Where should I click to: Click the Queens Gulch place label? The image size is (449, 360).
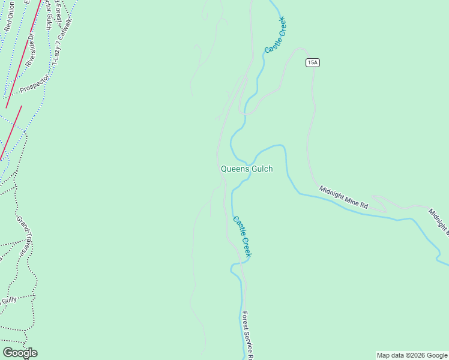(x=247, y=169)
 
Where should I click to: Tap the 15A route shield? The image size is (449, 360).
(x=312, y=62)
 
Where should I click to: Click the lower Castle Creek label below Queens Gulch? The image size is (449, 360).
(x=243, y=236)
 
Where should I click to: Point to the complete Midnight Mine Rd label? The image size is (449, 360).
(x=343, y=197)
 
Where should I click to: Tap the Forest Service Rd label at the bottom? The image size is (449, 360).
(x=248, y=335)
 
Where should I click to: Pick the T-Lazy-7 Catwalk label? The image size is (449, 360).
(x=62, y=42)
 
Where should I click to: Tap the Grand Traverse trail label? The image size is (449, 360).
(x=24, y=237)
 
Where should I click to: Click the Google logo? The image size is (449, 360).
(x=20, y=353)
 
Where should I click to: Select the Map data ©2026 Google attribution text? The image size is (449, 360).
(x=412, y=355)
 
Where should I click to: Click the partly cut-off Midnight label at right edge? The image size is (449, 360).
(x=438, y=220)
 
